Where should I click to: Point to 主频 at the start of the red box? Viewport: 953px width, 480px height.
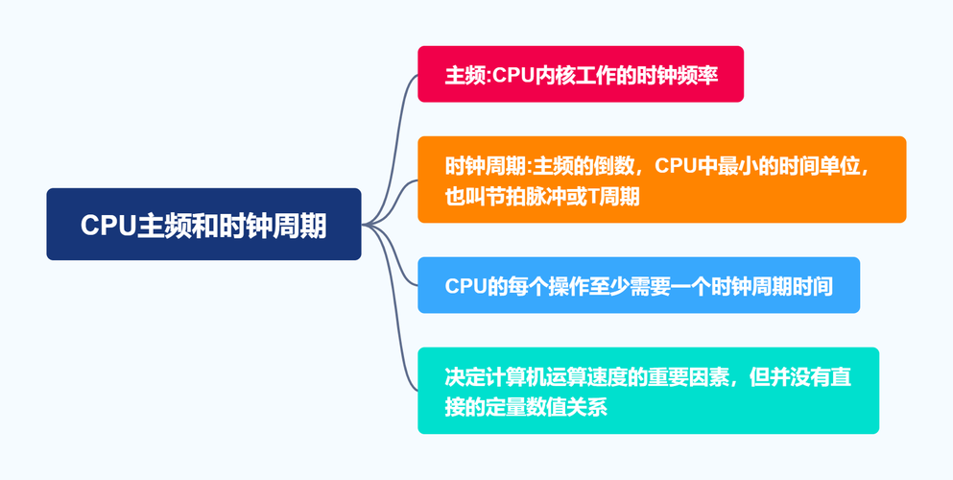coord(466,74)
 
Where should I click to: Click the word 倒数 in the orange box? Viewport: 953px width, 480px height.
coord(614,165)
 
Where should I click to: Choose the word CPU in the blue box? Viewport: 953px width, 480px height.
coord(465,285)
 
